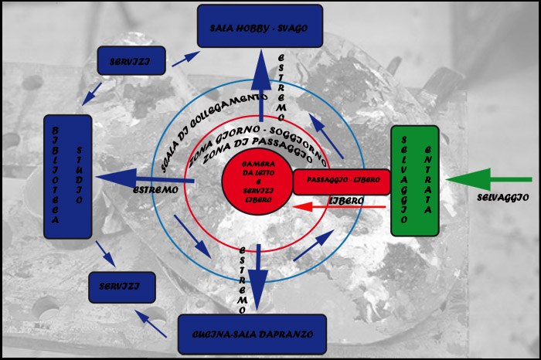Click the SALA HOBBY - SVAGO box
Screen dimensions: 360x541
point(260,26)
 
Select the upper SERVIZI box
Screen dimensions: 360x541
point(131,60)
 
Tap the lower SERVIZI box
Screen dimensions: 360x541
point(121,287)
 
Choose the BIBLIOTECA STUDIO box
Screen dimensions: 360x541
point(68,176)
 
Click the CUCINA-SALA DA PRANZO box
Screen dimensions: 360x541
point(251,334)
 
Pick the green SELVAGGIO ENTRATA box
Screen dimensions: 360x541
point(414,180)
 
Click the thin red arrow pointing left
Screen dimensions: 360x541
point(340,207)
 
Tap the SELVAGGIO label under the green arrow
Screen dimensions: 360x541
point(502,198)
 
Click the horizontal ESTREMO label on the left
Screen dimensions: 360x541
point(155,189)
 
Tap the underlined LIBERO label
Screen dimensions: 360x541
point(346,200)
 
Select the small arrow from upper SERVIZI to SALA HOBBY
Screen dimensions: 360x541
point(185,57)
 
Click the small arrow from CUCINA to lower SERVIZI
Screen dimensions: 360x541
point(151,323)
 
